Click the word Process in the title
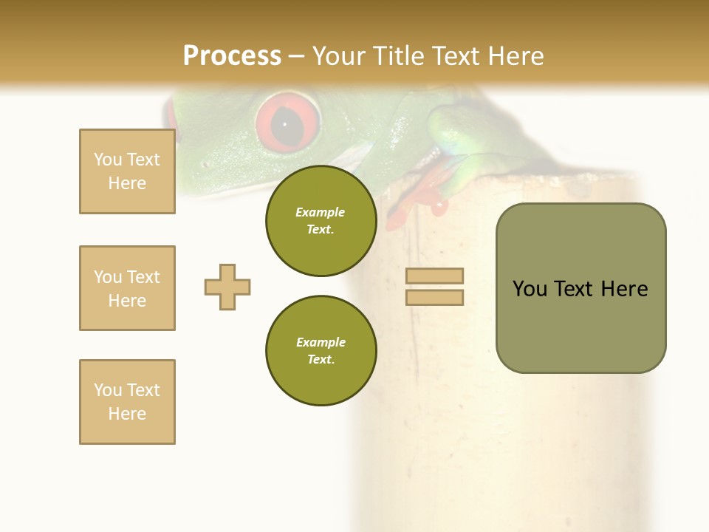pos(232,56)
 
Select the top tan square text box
pos(127,171)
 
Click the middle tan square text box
pos(127,288)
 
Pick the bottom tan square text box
pos(127,402)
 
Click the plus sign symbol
pos(227,287)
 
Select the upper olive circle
pos(321,221)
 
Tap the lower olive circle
pos(321,351)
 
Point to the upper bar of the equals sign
pos(434,276)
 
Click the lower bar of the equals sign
pos(434,297)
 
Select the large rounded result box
pos(580,288)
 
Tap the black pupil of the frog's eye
pos(286,125)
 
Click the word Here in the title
pos(513,56)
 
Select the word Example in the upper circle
pos(321,212)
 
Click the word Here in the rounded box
pos(624,289)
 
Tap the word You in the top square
pos(107,160)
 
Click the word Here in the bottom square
pos(127,414)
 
